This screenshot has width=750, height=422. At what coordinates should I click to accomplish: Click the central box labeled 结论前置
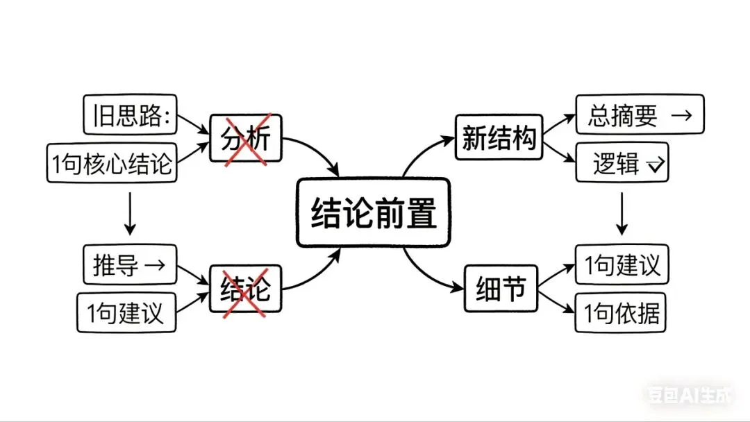(x=374, y=212)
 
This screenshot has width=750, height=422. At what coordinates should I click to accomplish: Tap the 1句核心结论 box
(x=111, y=163)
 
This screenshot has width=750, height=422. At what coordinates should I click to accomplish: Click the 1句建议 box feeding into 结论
(x=126, y=312)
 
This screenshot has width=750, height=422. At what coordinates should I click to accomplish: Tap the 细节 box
(x=501, y=289)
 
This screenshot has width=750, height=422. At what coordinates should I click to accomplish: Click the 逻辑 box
(x=622, y=164)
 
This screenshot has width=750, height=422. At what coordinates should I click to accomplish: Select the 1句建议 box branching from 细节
(x=622, y=264)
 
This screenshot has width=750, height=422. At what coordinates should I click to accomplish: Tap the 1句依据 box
(x=621, y=314)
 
